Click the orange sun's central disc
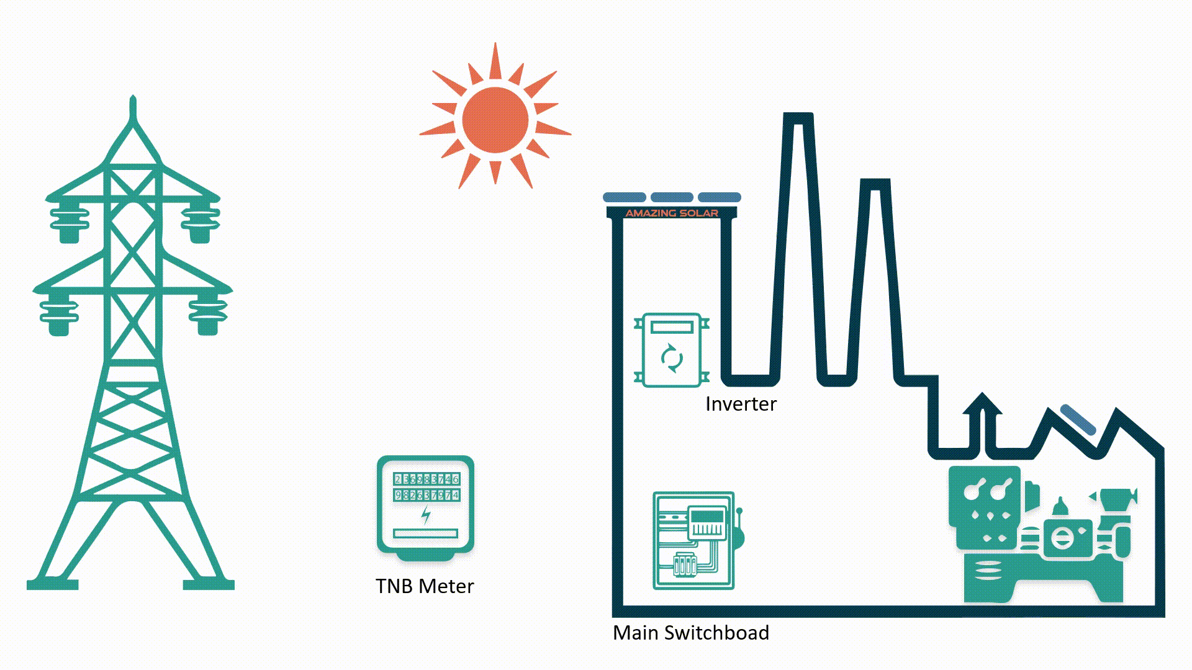[495, 120]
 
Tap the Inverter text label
[741, 404]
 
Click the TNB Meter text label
[425, 586]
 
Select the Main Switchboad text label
[690, 633]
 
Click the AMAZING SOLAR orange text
[672, 213]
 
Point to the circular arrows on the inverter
[672, 358]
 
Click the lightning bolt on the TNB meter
[426, 514]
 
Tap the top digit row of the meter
[427, 479]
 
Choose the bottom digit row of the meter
[427, 495]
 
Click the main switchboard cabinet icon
[693, 540]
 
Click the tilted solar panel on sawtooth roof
[1078, 419]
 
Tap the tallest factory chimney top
[798, 118]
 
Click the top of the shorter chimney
[875, 184]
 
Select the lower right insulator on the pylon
[208, 316]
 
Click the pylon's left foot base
[52, 584]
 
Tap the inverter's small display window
[672, 327]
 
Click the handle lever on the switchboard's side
[739, 527]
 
